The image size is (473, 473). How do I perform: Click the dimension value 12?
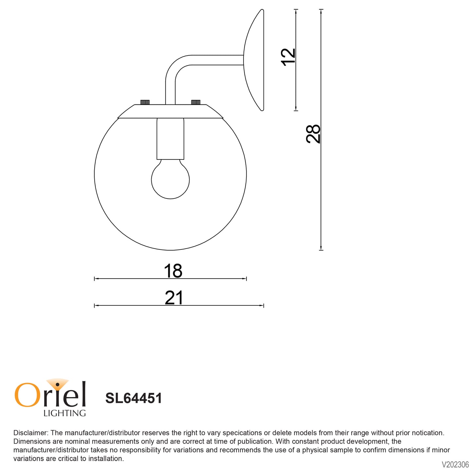288,57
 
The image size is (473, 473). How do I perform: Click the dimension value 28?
313,134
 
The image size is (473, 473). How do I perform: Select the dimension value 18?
173,271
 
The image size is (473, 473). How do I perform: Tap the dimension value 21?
174,298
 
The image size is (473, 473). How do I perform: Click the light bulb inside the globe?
170,179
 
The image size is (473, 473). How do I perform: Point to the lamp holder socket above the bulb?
170,139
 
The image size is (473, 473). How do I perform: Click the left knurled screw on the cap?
145,102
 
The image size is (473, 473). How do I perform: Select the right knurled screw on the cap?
196,102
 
